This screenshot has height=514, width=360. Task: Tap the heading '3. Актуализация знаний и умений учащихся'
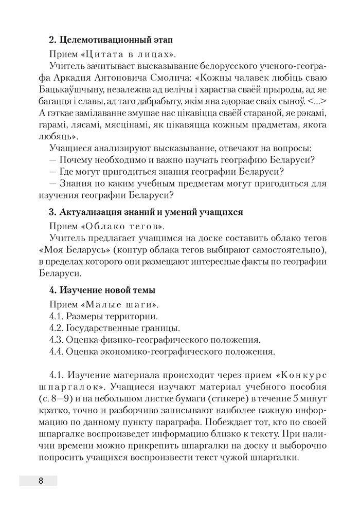(x=146, y=212)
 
